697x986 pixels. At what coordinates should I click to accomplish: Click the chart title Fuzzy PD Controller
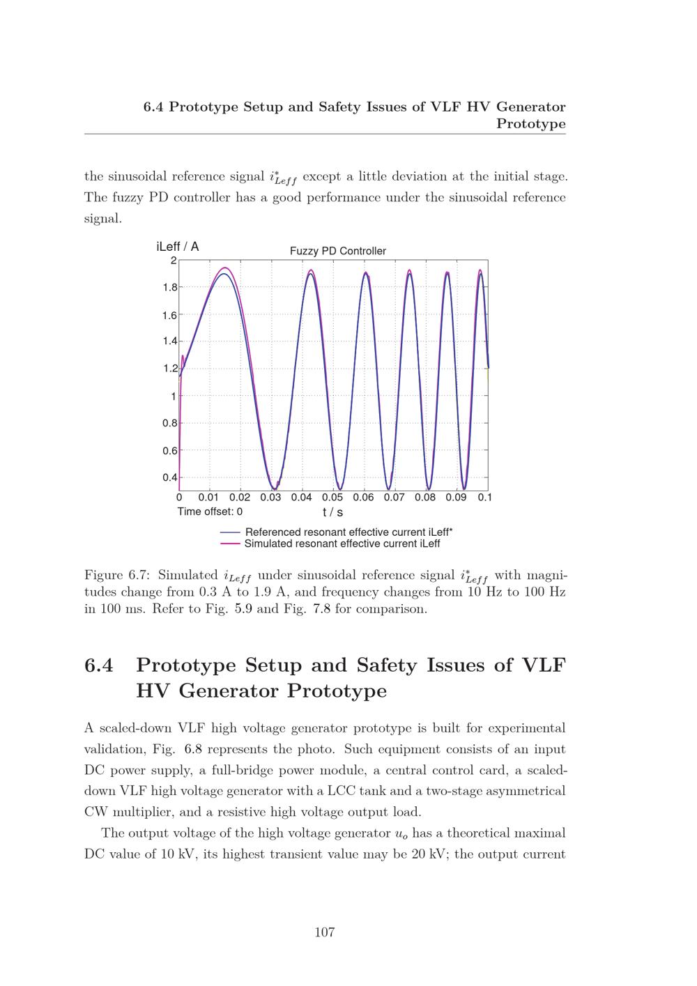(337, 251)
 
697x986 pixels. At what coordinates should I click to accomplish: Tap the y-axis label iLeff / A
(178, 247)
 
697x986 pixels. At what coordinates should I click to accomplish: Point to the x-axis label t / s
(332, 512)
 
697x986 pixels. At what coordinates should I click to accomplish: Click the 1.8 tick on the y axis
(169, 287)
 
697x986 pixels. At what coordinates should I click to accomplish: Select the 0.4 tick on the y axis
(169, 478)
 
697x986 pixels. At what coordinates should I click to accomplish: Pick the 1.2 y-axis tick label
(169, 369)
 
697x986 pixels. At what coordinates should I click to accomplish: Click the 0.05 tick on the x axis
(332, 498)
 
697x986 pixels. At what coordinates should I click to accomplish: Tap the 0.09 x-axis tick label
(456, 498)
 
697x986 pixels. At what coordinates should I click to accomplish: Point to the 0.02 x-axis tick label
(240, 498)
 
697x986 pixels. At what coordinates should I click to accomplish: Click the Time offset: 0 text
(210, 511)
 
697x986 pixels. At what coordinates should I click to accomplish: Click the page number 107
(325, 932)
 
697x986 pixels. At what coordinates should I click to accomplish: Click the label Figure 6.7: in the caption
(116, 576)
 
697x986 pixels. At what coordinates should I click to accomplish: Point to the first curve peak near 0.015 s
(224, 269)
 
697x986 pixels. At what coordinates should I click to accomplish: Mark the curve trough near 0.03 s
(273, 489)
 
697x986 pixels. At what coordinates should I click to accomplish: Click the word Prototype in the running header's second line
(530, 124)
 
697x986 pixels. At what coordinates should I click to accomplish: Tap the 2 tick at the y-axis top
(173, 261)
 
